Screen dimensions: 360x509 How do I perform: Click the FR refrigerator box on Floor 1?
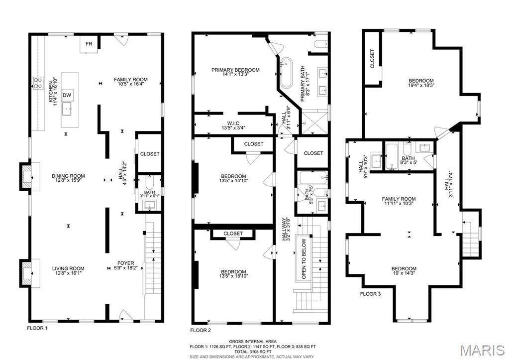tap(89, 44)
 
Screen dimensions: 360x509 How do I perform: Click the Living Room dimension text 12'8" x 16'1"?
tap(68, 274)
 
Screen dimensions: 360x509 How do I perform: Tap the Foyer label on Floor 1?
tap(125, 263)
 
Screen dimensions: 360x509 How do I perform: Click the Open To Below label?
tap(303, 259)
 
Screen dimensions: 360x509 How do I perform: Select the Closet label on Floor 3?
tap(372, 59)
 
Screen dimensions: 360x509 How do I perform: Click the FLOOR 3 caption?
tap(370, 294)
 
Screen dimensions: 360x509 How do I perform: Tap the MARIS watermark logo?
tap(481, 350)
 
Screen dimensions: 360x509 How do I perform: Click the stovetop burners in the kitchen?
tap(37, 83)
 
